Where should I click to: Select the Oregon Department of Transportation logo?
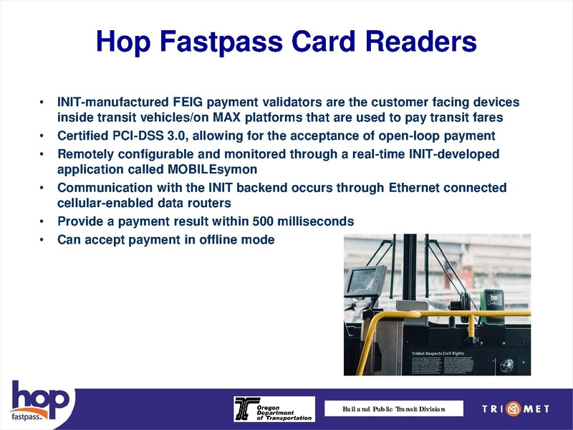274,409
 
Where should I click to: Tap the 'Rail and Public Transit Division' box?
393,409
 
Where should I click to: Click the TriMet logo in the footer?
516,409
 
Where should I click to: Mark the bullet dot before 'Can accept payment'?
42,239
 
